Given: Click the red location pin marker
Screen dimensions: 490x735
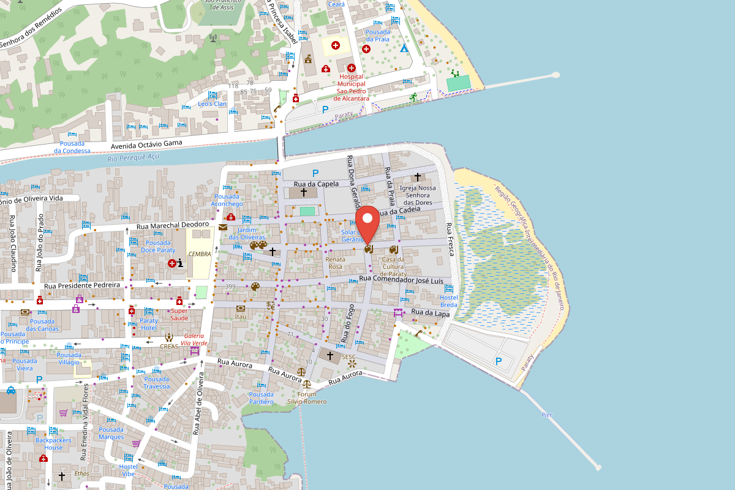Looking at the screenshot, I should (x=367, y=224).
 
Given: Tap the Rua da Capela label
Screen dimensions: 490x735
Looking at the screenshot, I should (x=316, y=184).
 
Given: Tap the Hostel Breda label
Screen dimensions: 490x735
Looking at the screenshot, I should (x=449, y=301).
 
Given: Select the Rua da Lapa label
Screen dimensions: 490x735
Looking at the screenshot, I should (x=431, y=313).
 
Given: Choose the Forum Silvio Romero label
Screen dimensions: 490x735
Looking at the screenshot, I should (x=307, y=398).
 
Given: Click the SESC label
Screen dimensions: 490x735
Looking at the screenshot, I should (x=349, y=356).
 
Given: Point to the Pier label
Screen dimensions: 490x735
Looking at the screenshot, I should (x=547, y=415).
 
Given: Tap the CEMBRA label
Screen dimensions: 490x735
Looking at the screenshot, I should (x=200, y=254).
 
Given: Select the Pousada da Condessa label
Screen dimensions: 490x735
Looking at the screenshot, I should (x=72, y=147).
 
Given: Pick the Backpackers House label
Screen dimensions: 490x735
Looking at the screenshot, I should (x=53, y=443).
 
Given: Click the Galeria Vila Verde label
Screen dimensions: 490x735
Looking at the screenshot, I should (x=194, y=339).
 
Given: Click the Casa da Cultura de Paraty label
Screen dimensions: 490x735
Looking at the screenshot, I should (x=393, y=266).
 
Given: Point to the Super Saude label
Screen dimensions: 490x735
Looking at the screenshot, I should (x=179, y=314).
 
